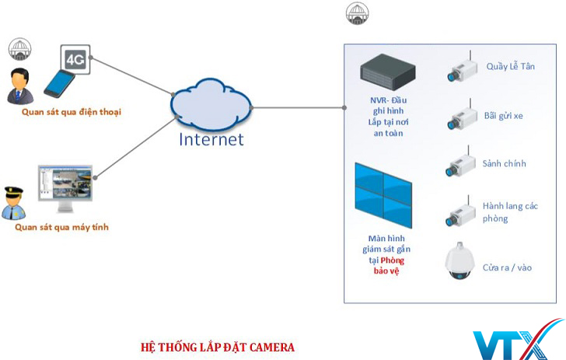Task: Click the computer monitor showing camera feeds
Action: click(65, 187)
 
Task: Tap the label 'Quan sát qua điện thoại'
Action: click(72, 112)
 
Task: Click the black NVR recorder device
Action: click(389, 72)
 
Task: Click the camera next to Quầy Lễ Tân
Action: click(460, 69)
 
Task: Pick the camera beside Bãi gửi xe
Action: click(460, 117)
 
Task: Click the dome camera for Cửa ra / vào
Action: click(459, 263)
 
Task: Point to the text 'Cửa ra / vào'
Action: click(509, 267)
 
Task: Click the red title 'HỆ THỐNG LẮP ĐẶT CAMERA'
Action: click(218, 347)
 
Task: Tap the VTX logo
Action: click(517, 341)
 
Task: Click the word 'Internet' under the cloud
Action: click(211, 140)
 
